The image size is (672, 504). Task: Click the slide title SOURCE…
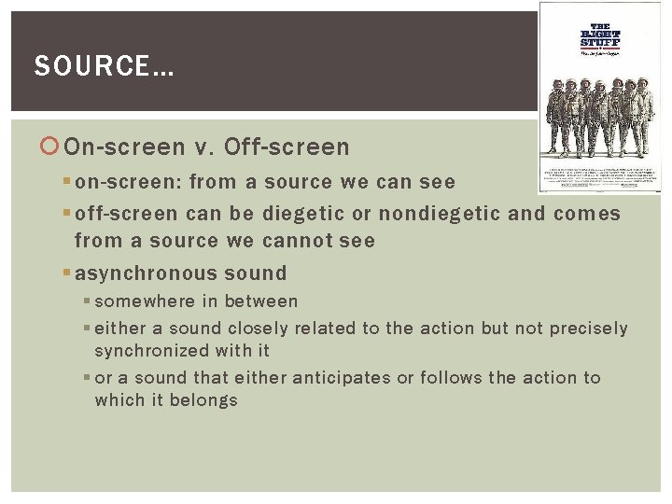(104, 66)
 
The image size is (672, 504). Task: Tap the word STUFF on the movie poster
(600, 42)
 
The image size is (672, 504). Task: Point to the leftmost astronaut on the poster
(556, 117)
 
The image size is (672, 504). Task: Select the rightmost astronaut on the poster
(645, 117)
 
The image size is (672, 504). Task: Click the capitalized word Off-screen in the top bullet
(287, 147)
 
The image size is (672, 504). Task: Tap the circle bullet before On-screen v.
(52, 147)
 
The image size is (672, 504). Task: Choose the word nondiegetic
(439, 214)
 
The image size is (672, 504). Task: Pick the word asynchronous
(146, 273)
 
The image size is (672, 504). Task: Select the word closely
(259, 329)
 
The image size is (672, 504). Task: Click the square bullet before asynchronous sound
(68, 273)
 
